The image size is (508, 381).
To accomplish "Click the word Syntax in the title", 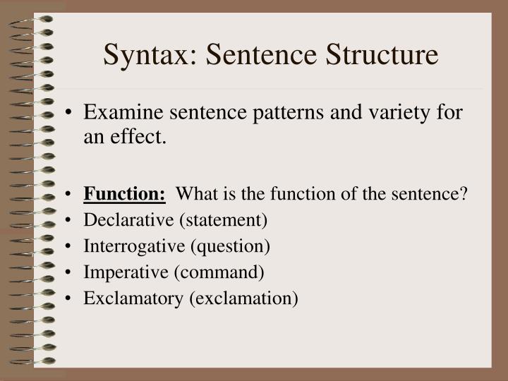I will (145, 56).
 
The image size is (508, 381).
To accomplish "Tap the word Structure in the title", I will (377, 56).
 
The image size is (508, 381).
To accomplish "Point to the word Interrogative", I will (133, 246).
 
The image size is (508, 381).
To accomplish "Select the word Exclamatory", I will (133, 298).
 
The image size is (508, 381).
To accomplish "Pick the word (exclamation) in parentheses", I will (243, 298).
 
